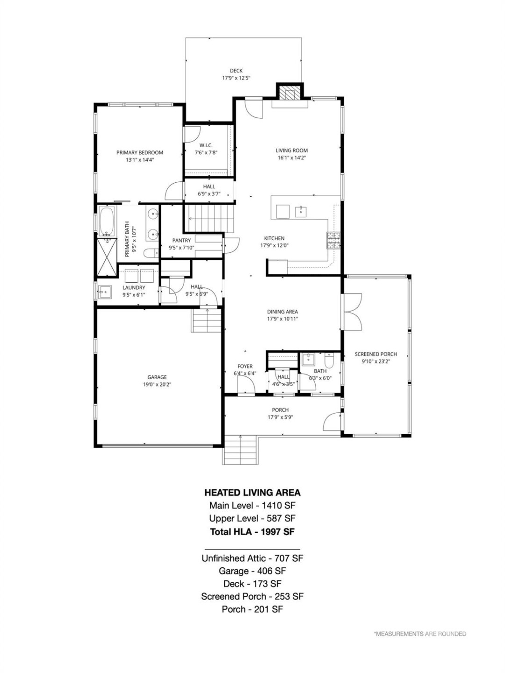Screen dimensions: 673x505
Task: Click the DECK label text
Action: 236,71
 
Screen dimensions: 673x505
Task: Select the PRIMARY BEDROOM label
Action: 140,152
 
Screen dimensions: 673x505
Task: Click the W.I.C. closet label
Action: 206,145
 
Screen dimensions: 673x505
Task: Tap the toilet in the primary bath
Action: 151,253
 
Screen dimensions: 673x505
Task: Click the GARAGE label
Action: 157,377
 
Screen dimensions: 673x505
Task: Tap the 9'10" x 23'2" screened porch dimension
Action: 375,361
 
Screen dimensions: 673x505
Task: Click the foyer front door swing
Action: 246,385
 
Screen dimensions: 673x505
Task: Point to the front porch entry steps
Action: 240,450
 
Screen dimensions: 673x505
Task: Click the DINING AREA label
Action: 282,312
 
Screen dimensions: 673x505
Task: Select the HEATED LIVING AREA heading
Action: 252,493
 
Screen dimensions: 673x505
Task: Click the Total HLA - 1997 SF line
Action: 252,531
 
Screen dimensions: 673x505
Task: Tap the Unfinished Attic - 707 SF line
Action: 252,558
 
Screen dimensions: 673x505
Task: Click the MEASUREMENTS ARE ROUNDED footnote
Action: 420,634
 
